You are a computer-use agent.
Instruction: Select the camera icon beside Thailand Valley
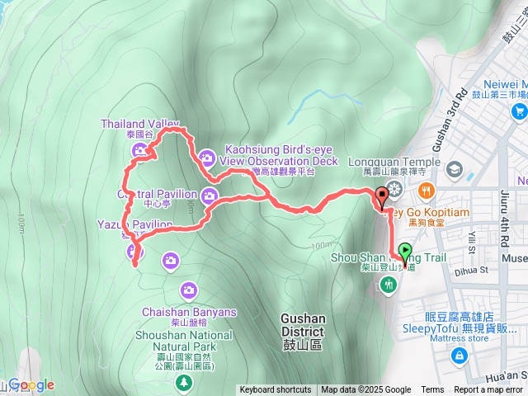[139, 149]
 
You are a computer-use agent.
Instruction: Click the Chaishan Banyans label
[189, 313]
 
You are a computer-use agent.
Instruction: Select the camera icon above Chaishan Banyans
[189, 290]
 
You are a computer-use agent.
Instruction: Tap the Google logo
[31, 384]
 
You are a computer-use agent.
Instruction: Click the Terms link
[432, 390]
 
